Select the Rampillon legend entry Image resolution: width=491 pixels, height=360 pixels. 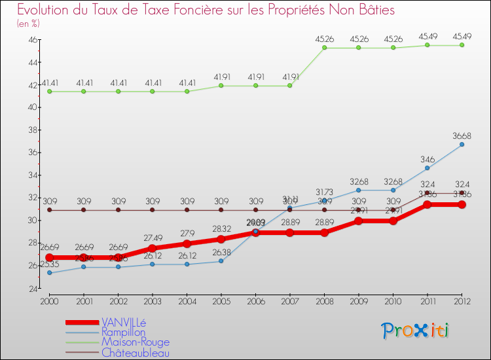pos(124,332)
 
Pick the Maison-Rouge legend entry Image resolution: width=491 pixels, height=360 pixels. pos(135,342)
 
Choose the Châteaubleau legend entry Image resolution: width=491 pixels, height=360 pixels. pos(135,353)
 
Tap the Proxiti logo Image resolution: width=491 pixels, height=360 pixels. pos(415,331)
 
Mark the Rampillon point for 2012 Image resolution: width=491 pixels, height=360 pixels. pos(462,145)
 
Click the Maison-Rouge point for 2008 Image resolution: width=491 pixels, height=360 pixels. pos(324,48)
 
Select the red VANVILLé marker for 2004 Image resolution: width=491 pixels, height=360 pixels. pos(187,243)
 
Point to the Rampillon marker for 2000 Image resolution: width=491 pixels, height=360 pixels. pos(49,272)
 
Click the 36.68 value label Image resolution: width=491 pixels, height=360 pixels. pos(462,136)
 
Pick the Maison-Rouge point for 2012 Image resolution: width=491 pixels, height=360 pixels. pos(462,45)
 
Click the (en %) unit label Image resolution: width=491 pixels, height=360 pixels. pos(28,24)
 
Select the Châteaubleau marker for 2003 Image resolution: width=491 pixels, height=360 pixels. pos(153,210)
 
